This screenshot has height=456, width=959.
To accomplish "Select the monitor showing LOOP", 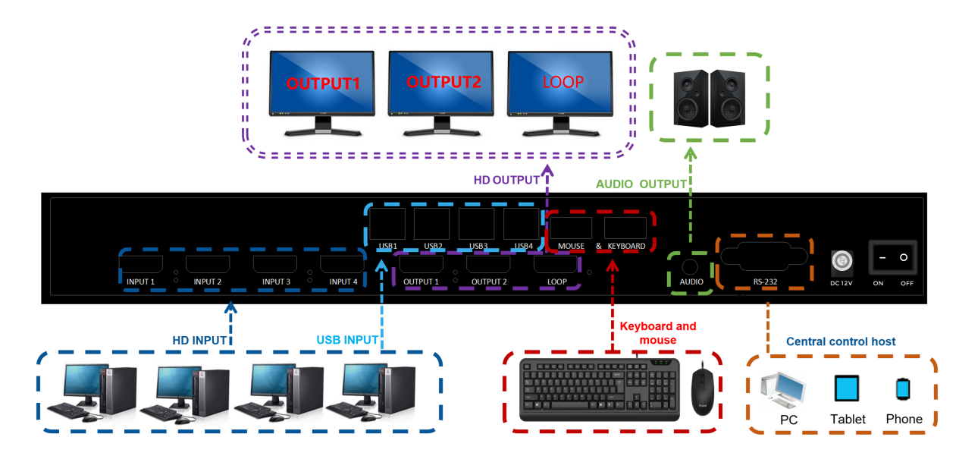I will (563, 84).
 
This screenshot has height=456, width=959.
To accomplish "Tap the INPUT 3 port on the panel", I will (276, 265).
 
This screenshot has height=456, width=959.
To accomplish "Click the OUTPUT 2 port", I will (488, 265).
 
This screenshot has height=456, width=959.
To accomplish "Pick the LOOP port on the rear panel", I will (556, 265).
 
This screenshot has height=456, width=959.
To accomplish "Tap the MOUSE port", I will (571, 228).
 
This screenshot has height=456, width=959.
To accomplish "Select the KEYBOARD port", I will (625, 228).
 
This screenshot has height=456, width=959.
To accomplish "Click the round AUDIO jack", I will (690, 267).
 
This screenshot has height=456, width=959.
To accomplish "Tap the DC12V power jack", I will (842, 263).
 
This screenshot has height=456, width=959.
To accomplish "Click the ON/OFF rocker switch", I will (892, 258).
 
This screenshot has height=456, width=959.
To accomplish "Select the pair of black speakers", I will (710, 98).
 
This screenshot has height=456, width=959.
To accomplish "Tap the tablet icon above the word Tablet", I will (847, 388).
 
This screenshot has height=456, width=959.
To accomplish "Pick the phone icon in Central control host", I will (903, 388).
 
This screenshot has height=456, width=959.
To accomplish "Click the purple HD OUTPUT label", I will (506, 180).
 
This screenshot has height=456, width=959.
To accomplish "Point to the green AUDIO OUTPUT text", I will (641, 184).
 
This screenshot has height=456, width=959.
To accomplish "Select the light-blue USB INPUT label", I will (348, 340).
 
